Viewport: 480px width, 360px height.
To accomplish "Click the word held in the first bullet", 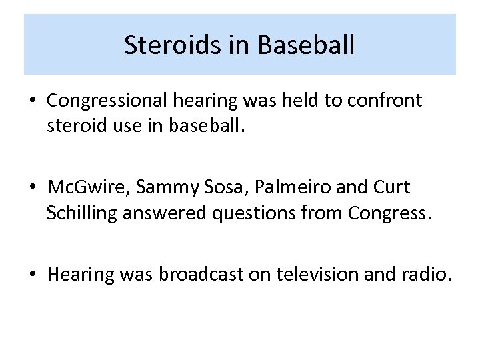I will [303, 101].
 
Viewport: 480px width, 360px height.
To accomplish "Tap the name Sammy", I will [163, 188].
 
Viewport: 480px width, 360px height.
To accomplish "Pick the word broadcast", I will [193, 275].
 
